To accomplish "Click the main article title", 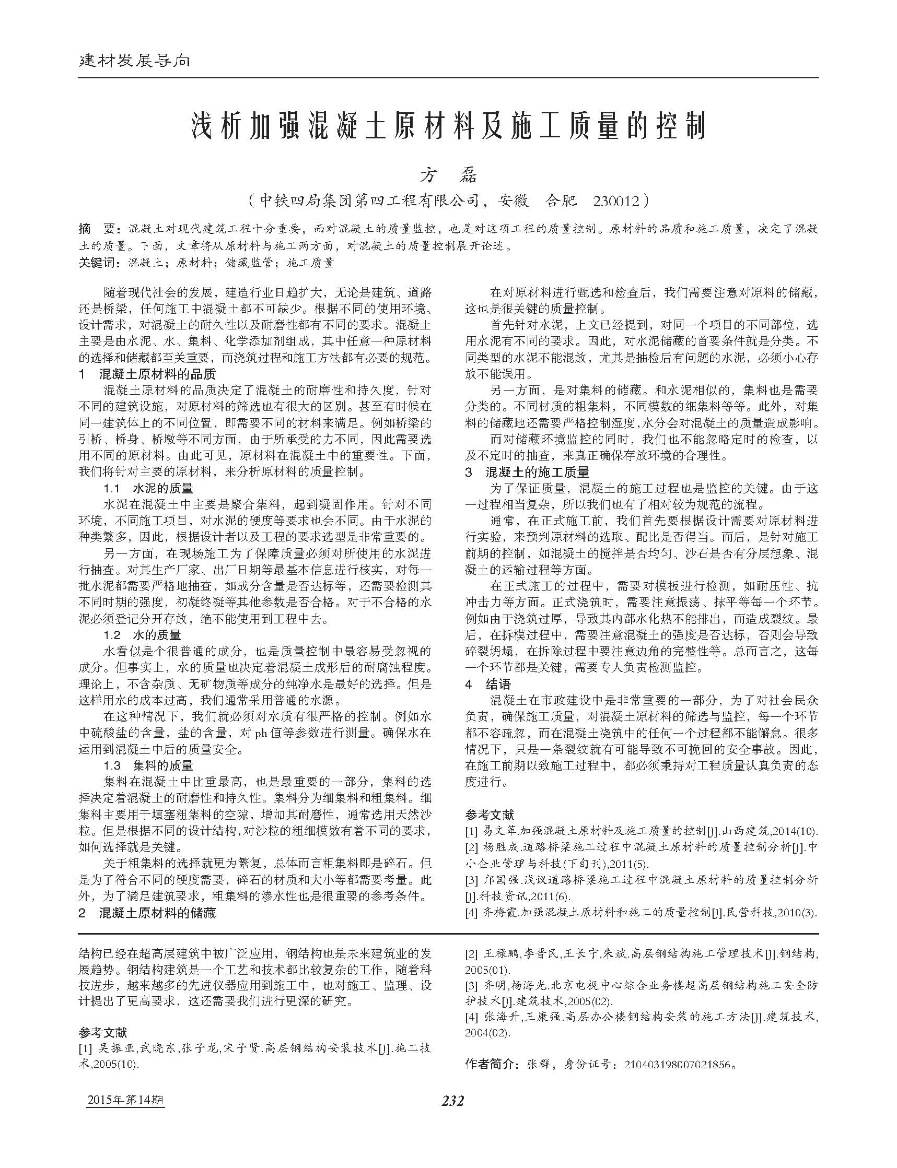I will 448,126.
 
